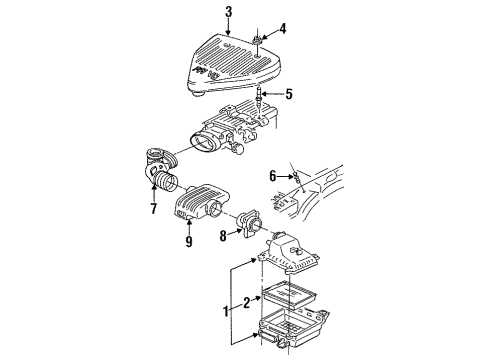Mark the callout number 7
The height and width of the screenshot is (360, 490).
point(153,211)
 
